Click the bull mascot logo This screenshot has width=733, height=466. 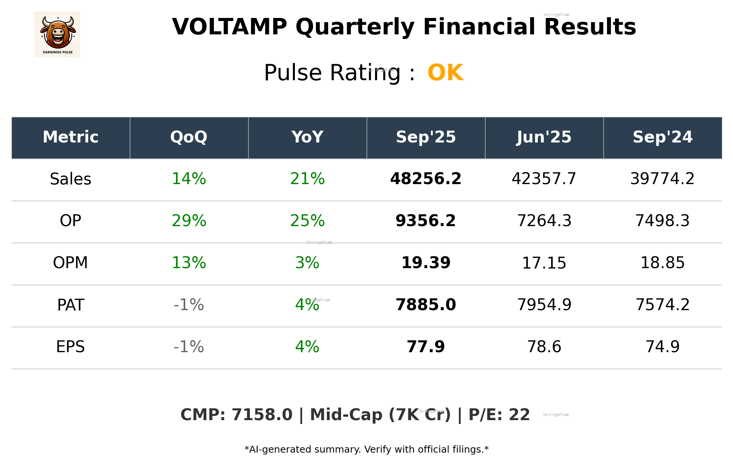tap(57, 34)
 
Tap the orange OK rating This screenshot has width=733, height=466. tap(445, 73)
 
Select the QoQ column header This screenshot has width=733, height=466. tap(189, 137)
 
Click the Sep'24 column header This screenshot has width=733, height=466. tap(662, 137)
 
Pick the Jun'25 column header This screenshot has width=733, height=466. tap(544, 137)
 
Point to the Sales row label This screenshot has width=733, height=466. tap(71, 179)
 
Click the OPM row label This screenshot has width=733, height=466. tap(71, 263)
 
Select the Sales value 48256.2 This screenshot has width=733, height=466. tap(426, 179)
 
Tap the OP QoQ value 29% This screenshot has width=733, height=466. tap(189, 221)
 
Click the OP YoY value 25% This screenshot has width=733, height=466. tap(307, 221)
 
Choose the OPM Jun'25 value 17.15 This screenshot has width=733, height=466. tap(544, 263)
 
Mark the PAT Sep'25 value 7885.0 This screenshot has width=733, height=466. tap(426, 305)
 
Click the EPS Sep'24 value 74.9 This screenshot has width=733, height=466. tap(662, 347)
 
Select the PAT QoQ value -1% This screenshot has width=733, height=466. tap(189, 305)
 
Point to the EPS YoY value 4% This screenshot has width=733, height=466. tap(307, 347)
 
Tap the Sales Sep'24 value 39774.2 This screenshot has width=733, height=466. tap(662, 179)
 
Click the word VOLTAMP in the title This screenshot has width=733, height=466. tap(229, 28)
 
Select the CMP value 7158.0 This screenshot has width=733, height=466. tap(262, 415)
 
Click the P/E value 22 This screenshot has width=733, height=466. tap(519, 415)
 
